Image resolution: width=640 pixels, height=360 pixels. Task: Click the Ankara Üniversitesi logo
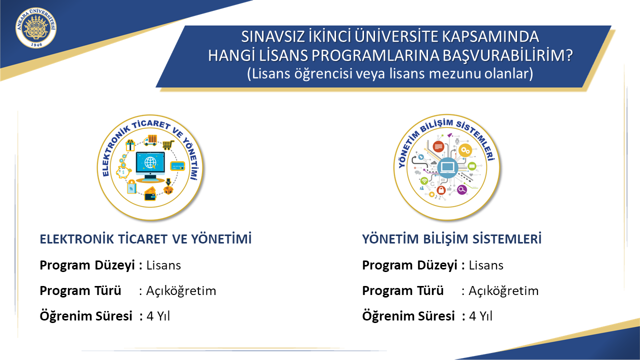[x=36, y=27]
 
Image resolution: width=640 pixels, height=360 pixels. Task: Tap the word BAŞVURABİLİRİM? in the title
[x=507, y=55]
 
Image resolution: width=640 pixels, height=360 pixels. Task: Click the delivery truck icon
[x=151, y=140]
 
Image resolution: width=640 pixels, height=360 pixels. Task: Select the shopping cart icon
[x=168, y=145]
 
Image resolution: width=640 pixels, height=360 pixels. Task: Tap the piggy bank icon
[x=123, y=172]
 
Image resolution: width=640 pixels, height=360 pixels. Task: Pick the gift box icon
[x=130, y=145]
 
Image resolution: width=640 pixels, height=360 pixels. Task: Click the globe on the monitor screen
[x=150, y=162]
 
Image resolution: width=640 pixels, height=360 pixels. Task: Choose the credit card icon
[x=177, y=166]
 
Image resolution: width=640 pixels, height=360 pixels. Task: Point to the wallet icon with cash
[x=150, y=193]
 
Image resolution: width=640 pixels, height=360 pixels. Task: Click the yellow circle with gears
[x=465, y=150]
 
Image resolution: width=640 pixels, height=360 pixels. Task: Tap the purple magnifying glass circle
[x=461, y=189]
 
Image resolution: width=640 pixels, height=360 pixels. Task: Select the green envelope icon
[x=471, y=165]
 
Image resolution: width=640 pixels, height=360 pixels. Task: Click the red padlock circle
[x=441, y=189]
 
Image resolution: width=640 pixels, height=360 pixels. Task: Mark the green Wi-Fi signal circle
[x=424, y=181]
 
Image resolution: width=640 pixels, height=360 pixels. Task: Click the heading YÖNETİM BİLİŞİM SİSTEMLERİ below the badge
[x=451, y=239]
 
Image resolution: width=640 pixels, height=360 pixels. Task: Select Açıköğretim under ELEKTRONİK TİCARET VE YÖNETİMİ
[x=181, y=291]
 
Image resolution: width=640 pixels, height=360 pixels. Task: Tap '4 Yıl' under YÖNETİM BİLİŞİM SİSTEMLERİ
[x=481, y=316]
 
